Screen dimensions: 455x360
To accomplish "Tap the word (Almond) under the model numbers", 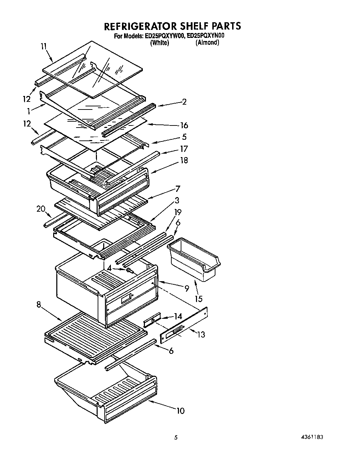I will click(207, 43).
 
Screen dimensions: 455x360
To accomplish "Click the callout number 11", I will click(43, 46).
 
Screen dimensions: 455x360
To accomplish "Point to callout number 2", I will click(184, 101).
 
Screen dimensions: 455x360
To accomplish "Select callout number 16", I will click(184, 125).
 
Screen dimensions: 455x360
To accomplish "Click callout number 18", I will click(184, 160).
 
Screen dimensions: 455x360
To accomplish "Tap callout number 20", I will click(41, 209).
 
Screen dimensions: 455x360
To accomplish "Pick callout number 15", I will click(198, 299).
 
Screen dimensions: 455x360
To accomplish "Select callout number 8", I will click(38, 304).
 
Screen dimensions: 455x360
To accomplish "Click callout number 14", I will click(178, 316).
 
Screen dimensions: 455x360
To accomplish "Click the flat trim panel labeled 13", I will click(184, 327).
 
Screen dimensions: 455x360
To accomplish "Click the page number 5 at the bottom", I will click(176, 437).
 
